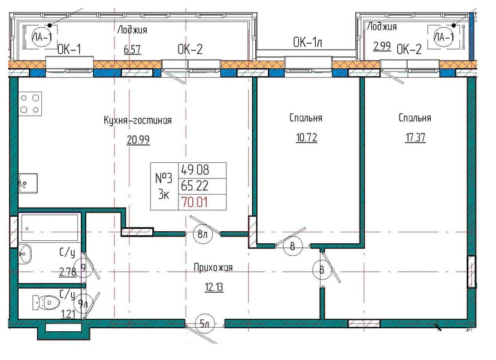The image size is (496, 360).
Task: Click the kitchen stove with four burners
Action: (x=30, y=104)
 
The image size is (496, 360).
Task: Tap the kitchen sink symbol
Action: (x=28, y=183)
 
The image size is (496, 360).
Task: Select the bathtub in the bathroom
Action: (x=49, y=228)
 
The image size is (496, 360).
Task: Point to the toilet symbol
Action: (x=46, y=302)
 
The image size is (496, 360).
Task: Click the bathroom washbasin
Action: (x=25, y=254)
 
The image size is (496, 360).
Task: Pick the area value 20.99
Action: (x=138, y=140)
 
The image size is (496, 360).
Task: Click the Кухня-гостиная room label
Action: (x=138, y=120)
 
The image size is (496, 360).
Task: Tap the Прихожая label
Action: (x=213, y=268)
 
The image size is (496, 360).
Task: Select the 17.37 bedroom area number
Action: (x=415, y=138)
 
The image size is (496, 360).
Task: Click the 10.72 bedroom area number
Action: (x=307, y=138)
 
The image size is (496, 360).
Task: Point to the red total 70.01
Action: (x=194, y=202)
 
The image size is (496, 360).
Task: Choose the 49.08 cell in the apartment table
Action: (x=195, y=170)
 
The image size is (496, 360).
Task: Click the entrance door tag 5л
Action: (x=205, y=323)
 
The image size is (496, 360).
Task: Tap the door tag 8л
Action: (x=202, y=234)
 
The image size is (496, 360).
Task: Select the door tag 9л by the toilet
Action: (x=83, y=304)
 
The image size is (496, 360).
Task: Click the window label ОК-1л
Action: (x=307, y=43)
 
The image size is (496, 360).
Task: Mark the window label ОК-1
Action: (x=69, y=49)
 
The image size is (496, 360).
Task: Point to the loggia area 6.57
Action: (x=132, y=50)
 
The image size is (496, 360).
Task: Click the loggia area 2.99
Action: (x=382, y=47)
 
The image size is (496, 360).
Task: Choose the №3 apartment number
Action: (x=164, y=179)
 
